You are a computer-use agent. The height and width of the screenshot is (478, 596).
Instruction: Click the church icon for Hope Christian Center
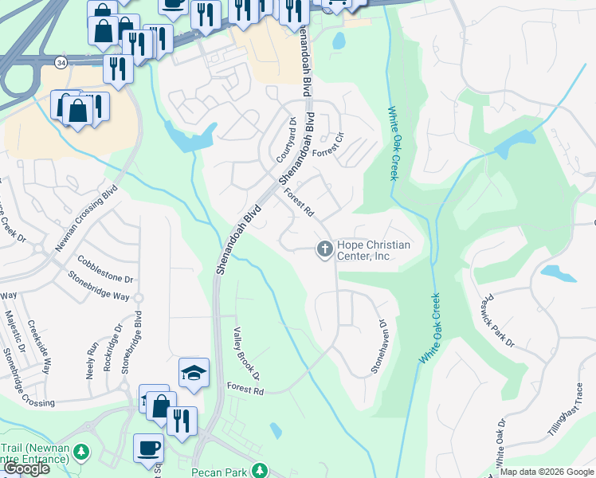click(324, 250)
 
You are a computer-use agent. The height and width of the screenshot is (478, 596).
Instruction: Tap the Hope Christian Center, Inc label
click(374, 250)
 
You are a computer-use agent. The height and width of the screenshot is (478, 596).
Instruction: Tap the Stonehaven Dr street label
click(379, 347)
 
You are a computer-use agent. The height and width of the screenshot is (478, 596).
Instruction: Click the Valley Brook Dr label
click(246, 353)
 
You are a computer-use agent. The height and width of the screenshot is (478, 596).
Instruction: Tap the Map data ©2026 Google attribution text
click(547, 472)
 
